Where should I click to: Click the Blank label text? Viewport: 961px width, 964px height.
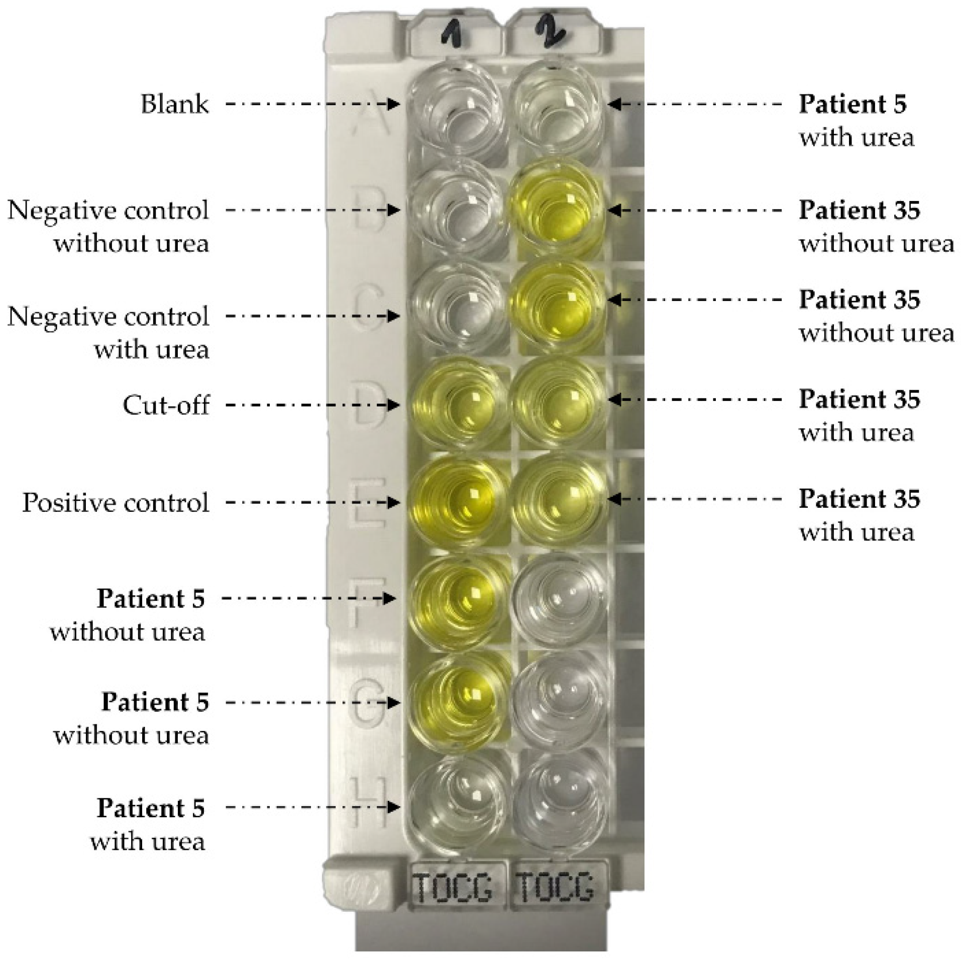click(174, 104)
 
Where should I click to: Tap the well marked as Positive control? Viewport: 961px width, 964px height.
click(457, 501)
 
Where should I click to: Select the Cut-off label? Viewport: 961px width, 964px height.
click(166, 405)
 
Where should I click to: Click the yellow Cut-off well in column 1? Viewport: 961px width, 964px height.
click(457, 405)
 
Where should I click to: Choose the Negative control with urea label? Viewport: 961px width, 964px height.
click(108, 332)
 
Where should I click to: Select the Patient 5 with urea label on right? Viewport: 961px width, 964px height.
click(854, 121)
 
